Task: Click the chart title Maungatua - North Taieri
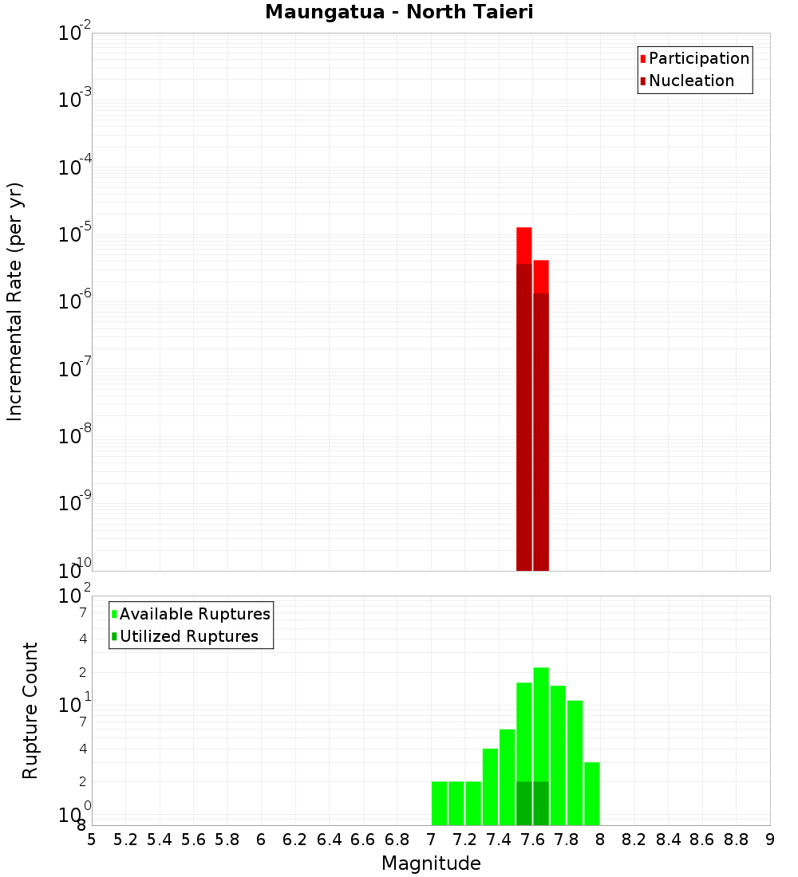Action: pyautogui.click(x=399, y=13)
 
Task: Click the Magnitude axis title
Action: pyautogui.click(x=431, y=863)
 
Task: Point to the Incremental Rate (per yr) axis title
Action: pyautogui.click(x=15, y=301)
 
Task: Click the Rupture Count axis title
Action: pyautogui.click(x=30, y=710)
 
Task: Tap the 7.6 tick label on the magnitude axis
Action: pyautogui.click(x=533, y=840)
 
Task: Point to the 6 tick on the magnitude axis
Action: pyautogui.click(x=261, y=840)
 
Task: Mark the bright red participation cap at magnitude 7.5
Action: pyautogui.click(x=524, y=245)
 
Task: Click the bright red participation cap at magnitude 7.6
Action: pyautogui.click(x=541, y=276)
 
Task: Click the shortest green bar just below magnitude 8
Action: pyautogui.click(x=591, y=793)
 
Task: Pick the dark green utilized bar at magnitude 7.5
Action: pyautogui.click(x=524, y=803)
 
